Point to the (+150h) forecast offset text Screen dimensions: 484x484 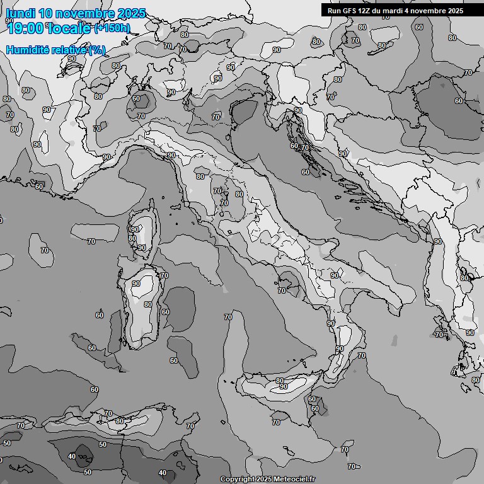coord(112,28)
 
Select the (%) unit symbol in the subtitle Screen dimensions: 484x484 coord(96,50)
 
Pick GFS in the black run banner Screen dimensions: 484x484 coord(350,11)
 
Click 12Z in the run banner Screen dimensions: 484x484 coord(366,11)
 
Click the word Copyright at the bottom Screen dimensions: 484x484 coord(237,479)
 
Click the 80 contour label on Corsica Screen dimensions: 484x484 coord(132,238)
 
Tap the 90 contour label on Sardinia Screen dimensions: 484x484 coord(136,284)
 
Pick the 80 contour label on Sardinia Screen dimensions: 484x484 coord(147,304)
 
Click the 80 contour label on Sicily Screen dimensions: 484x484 coord(280,381)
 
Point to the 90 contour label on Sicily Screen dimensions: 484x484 coord(284,387)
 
